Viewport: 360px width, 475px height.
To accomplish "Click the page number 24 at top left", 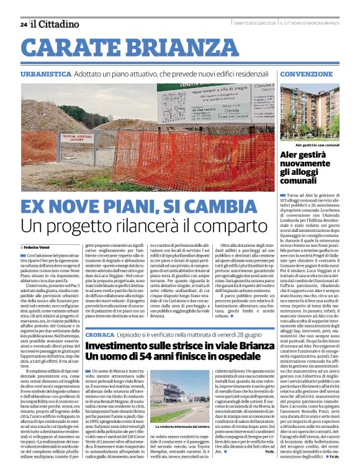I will [23, 24].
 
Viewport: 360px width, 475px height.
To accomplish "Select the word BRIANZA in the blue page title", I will [184, 48].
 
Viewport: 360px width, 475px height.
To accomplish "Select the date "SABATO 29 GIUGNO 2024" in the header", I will [253, 24].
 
